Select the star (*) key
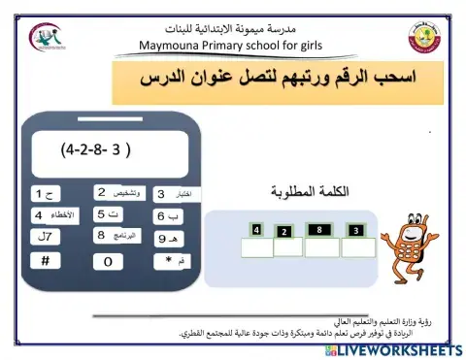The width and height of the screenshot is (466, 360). pos(169,261)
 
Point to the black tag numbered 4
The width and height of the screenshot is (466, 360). pos(256,230)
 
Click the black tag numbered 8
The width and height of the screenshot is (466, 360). pos(318,229)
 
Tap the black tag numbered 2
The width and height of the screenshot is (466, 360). pos(283,232)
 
